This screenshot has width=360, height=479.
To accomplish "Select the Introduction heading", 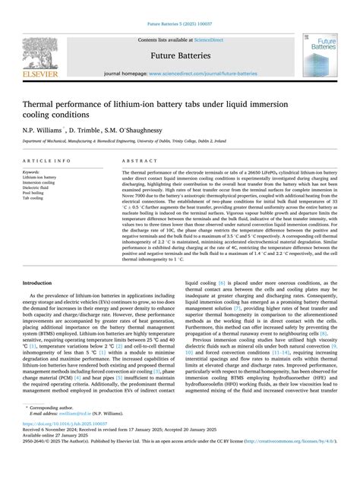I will (42, 282).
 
